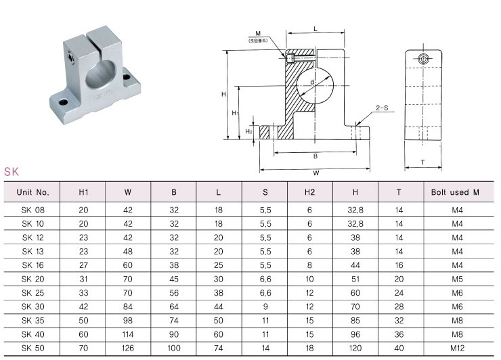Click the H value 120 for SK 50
[x=355, y=348]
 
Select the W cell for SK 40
[x=128, y=334]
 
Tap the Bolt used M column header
[x=455, y=192]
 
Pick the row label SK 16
[x=33, y=265]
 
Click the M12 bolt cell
[x=457, y=348]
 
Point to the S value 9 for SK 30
[x=265, y=307]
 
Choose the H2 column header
[x=309, y=192]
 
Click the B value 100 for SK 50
[x=174, y=348]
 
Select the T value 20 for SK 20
[x=399, y=279]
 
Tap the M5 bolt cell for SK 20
[x=457, y=279]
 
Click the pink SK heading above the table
[x=12, y=172]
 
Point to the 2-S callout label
[x=382, y=108]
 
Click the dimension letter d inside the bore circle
[x=312, y=83]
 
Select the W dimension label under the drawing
[x=316, y=173]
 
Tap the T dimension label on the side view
[x=422, y=162]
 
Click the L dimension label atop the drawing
[x=315, y=29]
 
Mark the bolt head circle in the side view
[x=423, y=59]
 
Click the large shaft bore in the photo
[x=100, y=74]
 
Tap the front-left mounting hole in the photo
[x=64, y=102]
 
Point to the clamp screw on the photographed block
[x=71, y=58]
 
